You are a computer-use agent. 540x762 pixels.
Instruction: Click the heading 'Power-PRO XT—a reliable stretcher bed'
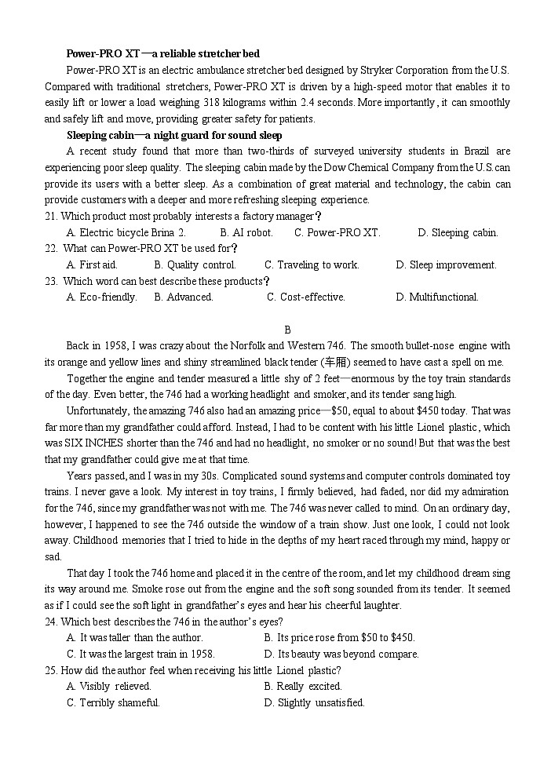coord(162,53)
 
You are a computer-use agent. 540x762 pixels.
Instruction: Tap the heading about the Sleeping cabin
coord(174,135)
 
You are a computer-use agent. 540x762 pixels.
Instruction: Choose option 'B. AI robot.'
coord(246,233)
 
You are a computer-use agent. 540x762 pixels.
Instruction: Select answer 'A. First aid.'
coord(92,265)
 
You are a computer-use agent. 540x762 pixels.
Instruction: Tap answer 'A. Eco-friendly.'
coord(102,297)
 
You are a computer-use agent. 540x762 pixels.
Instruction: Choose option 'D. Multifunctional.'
coord(436,297)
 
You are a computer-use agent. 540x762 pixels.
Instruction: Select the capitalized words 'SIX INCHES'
coord(86,443)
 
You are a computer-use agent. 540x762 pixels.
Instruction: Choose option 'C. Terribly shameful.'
coord(113,702)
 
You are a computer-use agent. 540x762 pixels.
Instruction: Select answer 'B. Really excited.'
coord(303,686)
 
